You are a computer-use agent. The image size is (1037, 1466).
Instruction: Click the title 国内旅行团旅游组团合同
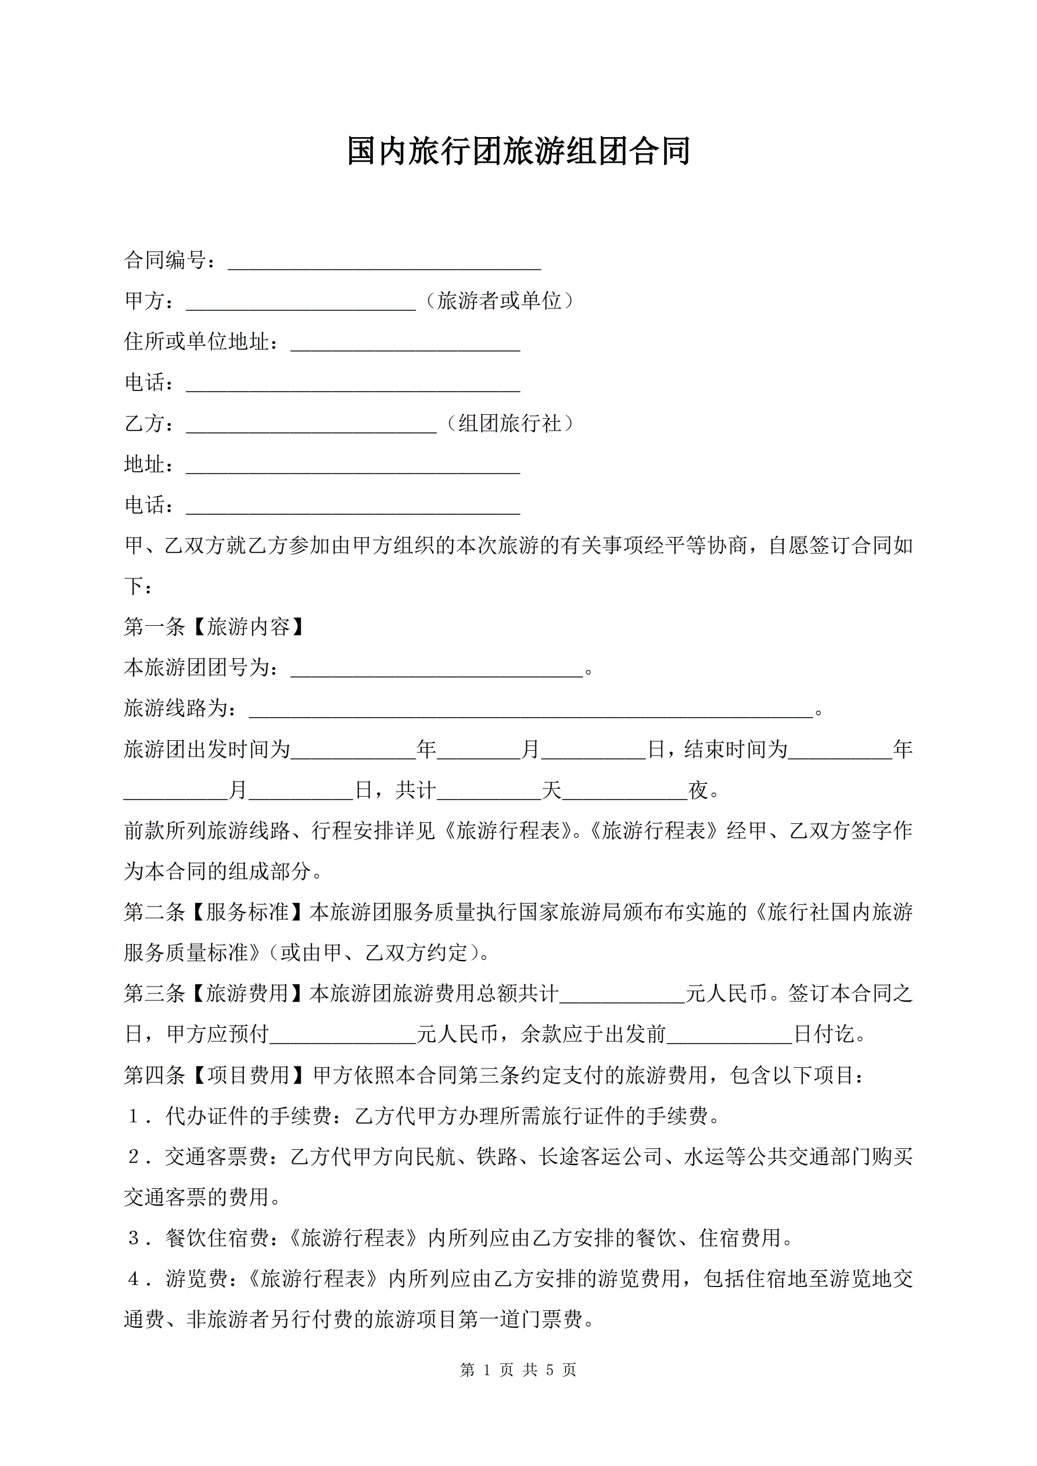518,151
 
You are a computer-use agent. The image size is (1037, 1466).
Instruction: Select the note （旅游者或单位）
500,301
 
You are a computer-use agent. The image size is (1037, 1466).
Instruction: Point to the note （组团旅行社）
509,424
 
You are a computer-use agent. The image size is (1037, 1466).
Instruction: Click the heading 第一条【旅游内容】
214,627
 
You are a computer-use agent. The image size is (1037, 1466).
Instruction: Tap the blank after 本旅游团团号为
437,671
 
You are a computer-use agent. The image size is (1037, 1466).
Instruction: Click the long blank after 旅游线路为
530,711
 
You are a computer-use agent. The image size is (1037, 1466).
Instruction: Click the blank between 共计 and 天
489,794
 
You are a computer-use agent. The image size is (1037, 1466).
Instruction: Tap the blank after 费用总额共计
622,997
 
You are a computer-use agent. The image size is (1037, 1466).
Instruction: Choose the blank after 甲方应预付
343,1038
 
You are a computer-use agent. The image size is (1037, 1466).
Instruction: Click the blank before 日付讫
729,1038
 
